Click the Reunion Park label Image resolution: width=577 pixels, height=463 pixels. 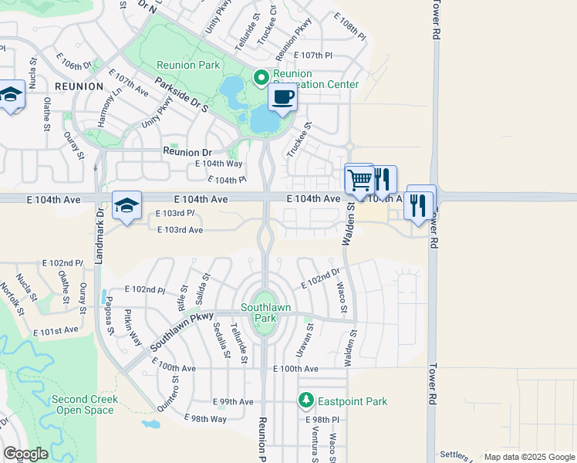click(188, 66)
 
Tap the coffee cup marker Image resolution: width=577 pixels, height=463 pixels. click(282, 98)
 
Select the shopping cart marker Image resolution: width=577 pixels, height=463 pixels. click(359, 180)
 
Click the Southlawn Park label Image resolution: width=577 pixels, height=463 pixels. click(265, 313)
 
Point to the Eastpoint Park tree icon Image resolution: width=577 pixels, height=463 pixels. click(306, 400)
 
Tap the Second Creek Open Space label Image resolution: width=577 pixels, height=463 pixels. click(85, 404)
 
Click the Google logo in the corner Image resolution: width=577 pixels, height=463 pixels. click(25, 454)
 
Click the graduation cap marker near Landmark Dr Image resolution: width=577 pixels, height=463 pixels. click(127, 205)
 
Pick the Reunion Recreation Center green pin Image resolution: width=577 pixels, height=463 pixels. click(261, 77)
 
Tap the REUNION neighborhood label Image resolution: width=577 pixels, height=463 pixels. click(79, 86)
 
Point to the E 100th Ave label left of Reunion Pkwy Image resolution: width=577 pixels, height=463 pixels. click(174, 370)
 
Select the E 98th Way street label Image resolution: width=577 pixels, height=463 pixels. click(207, 418)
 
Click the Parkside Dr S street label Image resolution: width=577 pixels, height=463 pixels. click(181, 93)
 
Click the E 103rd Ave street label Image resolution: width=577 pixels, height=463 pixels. click(180, 230)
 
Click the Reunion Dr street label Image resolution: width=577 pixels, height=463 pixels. click(187, 153)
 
